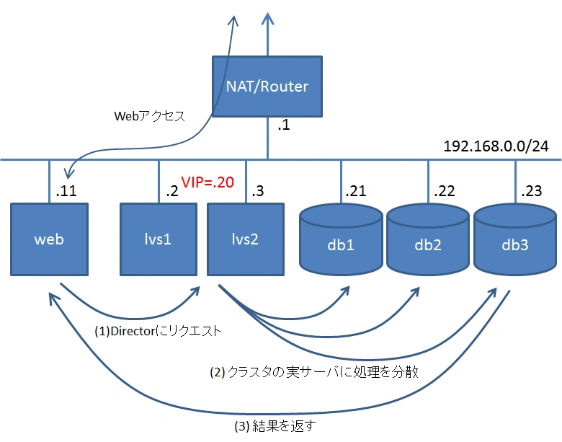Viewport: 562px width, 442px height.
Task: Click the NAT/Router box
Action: coord(267,87)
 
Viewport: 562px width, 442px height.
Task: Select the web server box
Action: coord(50,239)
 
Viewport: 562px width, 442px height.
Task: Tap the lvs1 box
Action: coord(159,239)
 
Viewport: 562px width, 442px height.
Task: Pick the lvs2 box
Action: coord(246,239)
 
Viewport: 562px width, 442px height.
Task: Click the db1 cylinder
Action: coord(341,240)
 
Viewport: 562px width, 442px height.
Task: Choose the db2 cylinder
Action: coord(428,240)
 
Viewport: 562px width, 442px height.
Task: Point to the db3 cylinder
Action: coord(515,240)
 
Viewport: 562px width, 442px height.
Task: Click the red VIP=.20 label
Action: coord(208,182)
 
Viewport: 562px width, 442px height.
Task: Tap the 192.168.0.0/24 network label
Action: coord(496,146)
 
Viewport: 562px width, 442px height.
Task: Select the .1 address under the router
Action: coord(283,125)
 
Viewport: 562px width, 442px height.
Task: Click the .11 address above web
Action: coord(66,191)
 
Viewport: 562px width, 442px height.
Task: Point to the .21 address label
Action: coord(355,191)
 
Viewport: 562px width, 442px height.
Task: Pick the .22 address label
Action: coord(444,191)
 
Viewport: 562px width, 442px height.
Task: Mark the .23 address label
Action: coord(531,191)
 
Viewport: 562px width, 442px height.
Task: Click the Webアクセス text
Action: coord(149,116)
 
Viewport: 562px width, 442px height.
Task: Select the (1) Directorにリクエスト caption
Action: coord(158,331)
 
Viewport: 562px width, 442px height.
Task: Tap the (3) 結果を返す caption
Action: coord(275,426)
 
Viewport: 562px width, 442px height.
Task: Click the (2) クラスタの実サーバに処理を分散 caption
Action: coord(314,372)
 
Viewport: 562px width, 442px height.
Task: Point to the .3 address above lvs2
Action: coord(258,191)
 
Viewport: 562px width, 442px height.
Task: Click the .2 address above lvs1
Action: coord(172,191)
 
